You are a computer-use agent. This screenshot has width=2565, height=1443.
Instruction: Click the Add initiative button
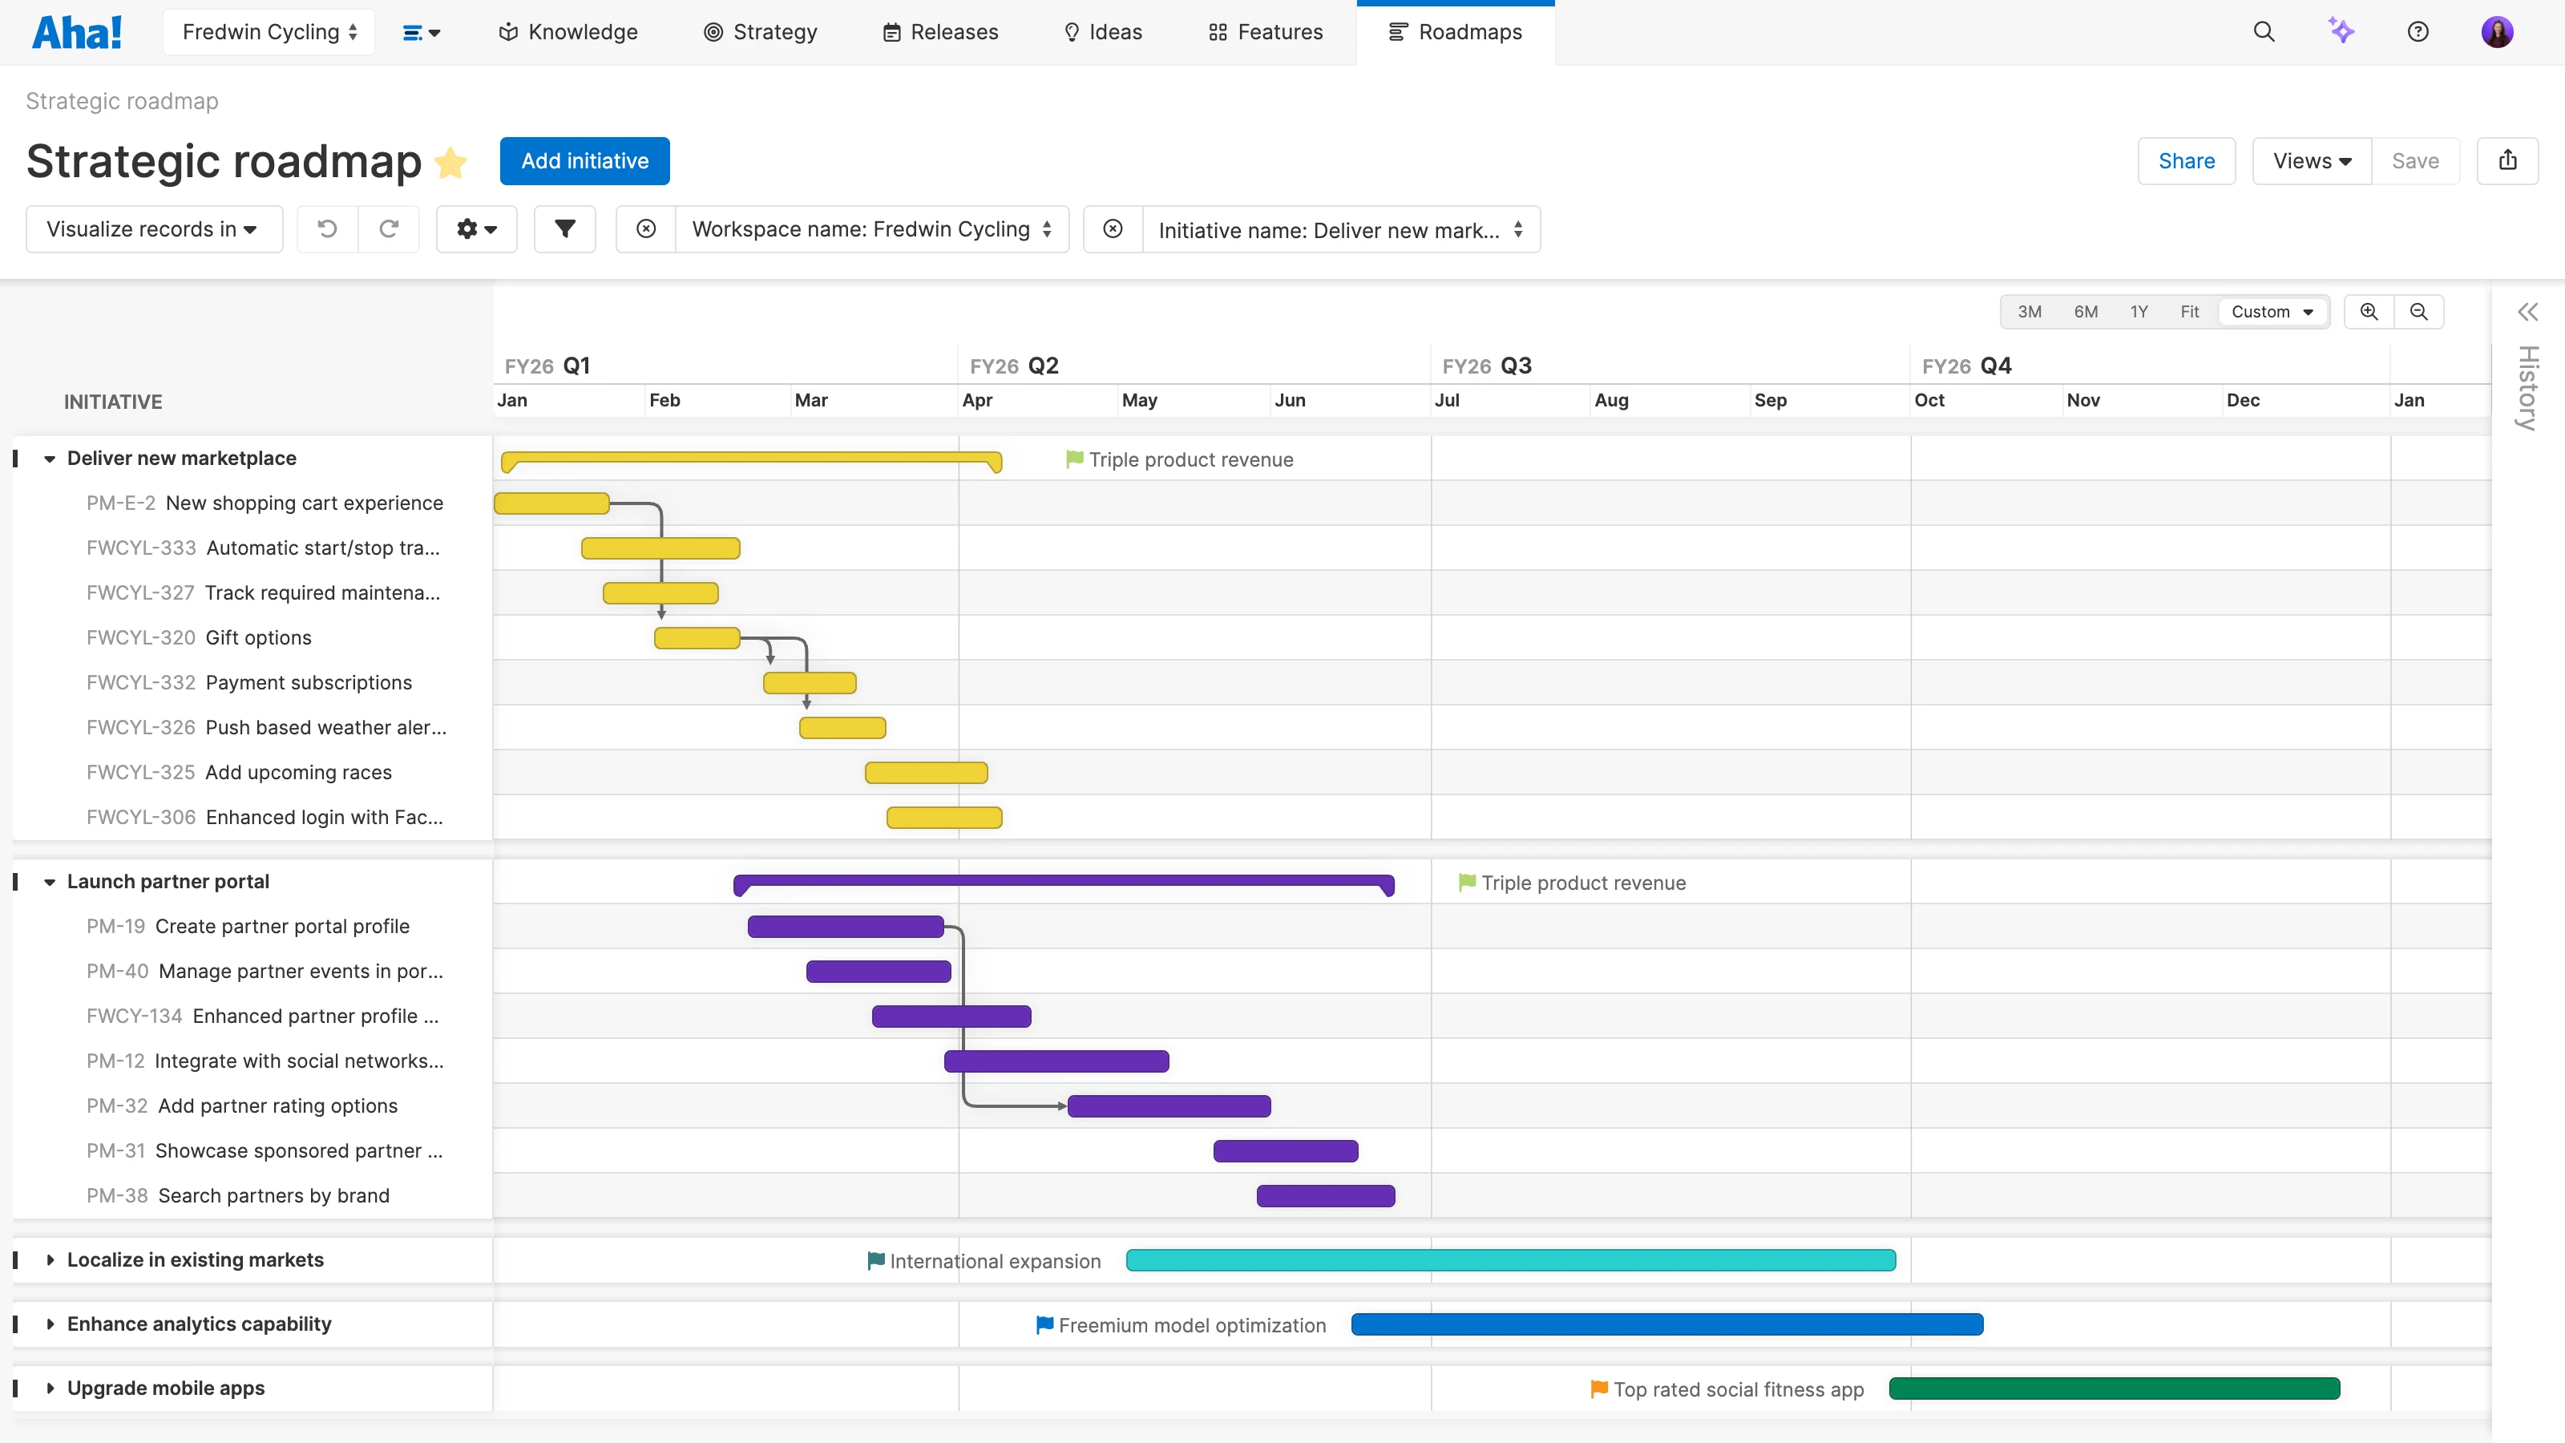(584, 161)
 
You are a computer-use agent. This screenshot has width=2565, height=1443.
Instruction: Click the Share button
(2186, 161)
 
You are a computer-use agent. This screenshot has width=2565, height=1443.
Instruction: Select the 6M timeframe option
(2085, 312)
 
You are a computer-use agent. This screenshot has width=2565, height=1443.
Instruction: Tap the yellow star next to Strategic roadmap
(451, 162)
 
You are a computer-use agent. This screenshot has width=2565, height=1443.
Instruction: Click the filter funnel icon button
(564, 229)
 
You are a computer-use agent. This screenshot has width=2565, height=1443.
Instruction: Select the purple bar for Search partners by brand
(1324, 1196)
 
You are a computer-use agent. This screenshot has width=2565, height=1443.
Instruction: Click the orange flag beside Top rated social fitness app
(1598, 1388)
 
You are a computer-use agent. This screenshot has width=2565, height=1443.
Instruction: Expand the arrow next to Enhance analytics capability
(50, 1324)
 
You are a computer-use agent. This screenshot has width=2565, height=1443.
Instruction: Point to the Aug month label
(1610, 400)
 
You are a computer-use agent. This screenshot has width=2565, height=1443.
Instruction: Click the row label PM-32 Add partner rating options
(242, 1106)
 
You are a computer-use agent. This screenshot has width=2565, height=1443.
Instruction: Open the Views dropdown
(2311, 161)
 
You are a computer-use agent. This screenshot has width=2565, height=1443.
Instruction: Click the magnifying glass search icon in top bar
(2264, 32)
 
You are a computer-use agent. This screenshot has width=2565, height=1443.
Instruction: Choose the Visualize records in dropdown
(153, 229)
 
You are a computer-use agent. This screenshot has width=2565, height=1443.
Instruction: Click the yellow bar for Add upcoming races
(925, 773)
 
